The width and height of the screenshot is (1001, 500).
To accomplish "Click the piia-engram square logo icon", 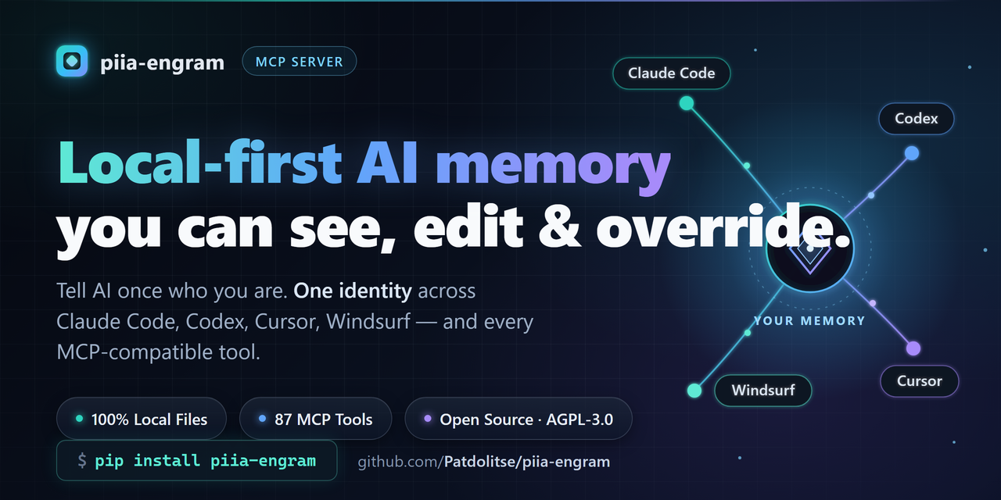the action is (x=71, y=61).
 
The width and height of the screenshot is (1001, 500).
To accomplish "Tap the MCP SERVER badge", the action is (x=300, y=61).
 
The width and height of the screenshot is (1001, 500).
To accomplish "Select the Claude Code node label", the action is (x=671, y=73).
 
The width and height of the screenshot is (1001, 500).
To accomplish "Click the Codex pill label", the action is (x=916, y=119).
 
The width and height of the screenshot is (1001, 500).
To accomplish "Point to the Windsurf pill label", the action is (x=763, y=390).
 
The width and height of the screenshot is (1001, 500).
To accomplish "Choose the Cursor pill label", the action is (x=919, y=381).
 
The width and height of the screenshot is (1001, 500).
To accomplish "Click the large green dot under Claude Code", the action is (x=687, y=103).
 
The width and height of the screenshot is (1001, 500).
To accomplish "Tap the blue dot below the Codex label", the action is (x=912, y=154).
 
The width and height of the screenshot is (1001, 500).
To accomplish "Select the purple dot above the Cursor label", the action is (x=913, y=348).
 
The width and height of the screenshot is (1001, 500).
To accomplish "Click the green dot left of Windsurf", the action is (x=694, y=391).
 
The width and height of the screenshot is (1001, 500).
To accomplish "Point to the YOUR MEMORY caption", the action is (x=809, y=321).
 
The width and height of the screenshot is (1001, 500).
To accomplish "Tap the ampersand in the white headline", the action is (x=560, y=227).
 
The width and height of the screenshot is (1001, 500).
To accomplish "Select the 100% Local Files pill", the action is (x=142, y=419).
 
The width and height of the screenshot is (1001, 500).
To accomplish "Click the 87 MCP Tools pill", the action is (x=315, y=419).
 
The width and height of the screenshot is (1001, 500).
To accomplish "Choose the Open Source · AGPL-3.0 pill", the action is (x=518, y=419).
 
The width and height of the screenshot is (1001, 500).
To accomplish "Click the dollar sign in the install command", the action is (x=82, y=460).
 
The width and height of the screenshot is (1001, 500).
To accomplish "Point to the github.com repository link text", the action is (x=484, y=462).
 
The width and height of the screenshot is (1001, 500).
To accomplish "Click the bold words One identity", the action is (x=353, y=291).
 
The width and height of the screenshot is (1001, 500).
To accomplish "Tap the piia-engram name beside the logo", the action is (x=162, y=62).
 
